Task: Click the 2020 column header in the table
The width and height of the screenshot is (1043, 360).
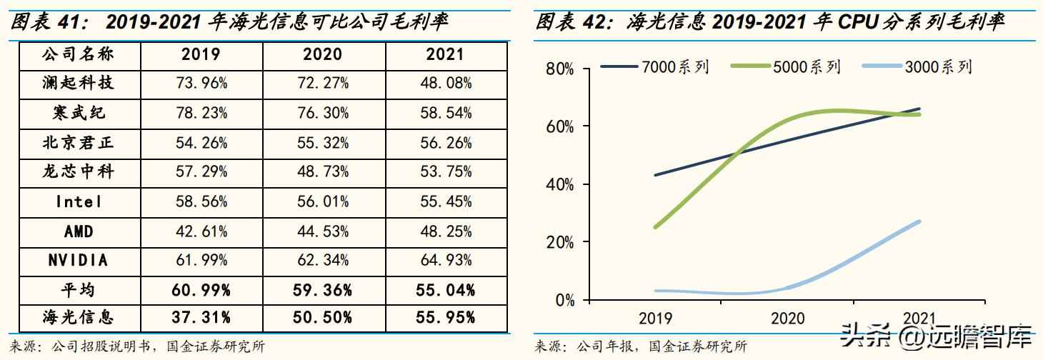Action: coord(322,54)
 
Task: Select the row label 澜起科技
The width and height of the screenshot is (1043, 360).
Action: coord(78,84)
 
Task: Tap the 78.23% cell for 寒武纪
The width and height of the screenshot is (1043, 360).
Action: coord(201,113)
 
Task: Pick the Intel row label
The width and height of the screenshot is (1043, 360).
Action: coord(78,201)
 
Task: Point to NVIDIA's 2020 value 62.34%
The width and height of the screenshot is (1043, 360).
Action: coord(323,261)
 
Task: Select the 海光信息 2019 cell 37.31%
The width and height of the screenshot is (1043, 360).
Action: coord(201,317)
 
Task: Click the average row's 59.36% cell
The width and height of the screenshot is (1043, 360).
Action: coord(323,290)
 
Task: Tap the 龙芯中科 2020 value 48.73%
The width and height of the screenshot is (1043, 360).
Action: coord(323,171)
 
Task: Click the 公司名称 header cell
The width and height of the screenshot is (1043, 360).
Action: coord(78,54)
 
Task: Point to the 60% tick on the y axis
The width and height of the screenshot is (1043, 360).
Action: coord(559,126)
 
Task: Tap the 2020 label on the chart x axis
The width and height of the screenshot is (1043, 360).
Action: coord(787,319)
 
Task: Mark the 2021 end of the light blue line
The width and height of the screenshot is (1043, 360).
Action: coord(919,221)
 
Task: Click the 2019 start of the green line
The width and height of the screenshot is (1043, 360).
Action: coord(655,227)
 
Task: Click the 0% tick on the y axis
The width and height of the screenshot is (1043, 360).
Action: coord(564,300)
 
